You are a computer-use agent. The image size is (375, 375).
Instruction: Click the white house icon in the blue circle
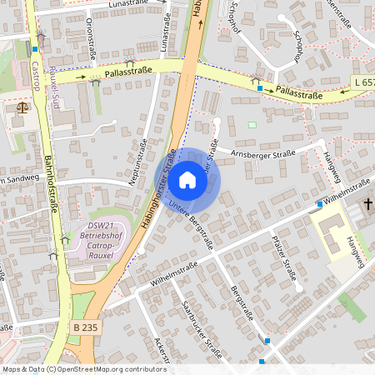(187, 180)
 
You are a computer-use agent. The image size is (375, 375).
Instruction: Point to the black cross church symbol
(367, 205)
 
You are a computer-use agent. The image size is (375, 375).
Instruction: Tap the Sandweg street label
(20, 178)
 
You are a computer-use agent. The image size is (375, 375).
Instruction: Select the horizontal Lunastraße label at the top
(124, 5)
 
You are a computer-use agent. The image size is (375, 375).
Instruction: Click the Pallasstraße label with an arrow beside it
(127, 71)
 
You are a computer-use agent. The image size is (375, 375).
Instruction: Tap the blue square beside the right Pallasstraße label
(260, 87)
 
